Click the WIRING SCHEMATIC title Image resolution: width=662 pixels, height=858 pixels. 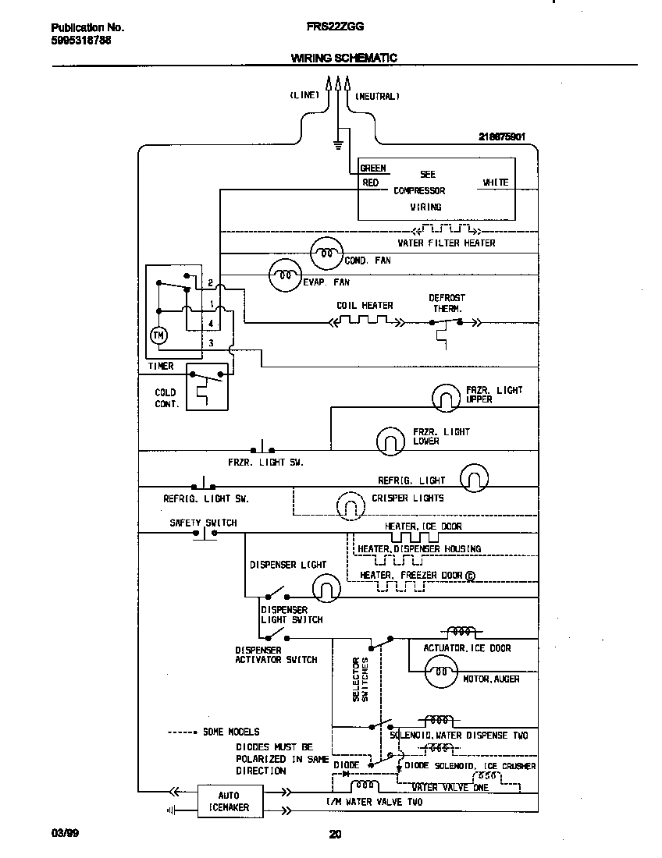[343, 58]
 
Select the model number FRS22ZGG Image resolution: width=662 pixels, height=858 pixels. [335, 26]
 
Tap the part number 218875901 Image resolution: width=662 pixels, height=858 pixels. [502, 136]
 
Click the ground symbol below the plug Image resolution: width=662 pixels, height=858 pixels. [338, 144]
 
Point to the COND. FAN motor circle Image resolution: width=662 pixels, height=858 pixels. [326, 253]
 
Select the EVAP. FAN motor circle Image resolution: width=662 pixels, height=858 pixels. [284, 275]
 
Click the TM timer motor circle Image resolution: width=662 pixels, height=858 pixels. [158, 335]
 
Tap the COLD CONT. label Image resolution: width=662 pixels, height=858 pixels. [166, 399]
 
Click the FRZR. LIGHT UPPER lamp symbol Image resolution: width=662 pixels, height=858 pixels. [447, 399]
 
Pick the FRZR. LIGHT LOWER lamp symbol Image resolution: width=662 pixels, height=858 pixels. [390, 441]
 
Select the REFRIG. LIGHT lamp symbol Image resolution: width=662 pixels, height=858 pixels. [474, 478]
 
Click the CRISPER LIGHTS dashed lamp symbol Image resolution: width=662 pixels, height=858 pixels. [350, 506]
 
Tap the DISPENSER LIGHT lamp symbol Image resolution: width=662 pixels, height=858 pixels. [326, 587]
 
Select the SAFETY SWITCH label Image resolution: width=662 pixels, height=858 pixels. [203, 523]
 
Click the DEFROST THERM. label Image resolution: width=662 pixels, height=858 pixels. [447, 303]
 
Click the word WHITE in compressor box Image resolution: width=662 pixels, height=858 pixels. [495, 183]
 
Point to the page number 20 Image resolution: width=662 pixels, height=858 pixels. [335, 834]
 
